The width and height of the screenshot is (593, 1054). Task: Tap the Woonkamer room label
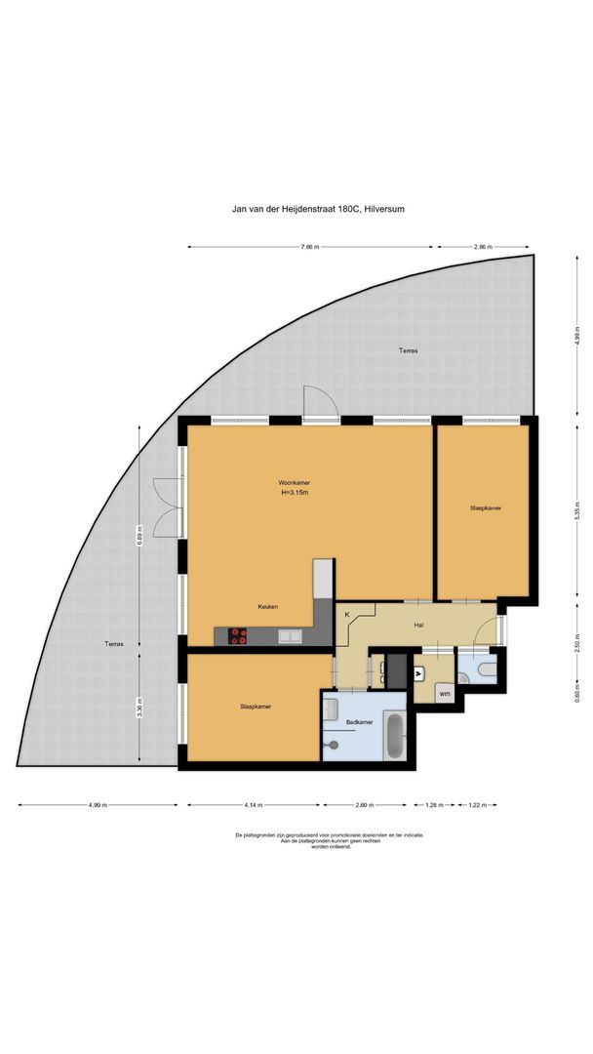tap(294, 482)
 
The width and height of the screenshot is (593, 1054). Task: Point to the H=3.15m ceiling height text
tap(294, 493)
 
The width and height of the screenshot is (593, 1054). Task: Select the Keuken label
tap(268, 606)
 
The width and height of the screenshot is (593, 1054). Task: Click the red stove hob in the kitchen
tap(238, 636)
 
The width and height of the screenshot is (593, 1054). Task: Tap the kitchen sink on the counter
tap(290, 636)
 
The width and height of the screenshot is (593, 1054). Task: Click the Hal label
tap(418, 625)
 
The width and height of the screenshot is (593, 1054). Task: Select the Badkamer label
tap(359, 722)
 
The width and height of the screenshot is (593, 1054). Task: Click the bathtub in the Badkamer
tap(393, 737)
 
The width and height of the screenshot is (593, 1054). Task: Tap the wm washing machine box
tap(444, 693)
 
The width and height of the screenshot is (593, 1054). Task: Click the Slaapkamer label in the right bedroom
tap(485, 508)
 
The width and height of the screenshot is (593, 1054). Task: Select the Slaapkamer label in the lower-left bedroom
tap(256, 706)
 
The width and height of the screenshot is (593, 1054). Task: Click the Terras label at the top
tap(408, 349)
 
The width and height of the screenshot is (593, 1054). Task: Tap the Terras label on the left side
tap(116, 644)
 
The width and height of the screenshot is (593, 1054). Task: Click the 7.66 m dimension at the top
tap(312, 247)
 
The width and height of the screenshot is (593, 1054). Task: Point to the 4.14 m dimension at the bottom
tap(254, 805)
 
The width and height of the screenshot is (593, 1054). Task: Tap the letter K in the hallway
tap(346, 616)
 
